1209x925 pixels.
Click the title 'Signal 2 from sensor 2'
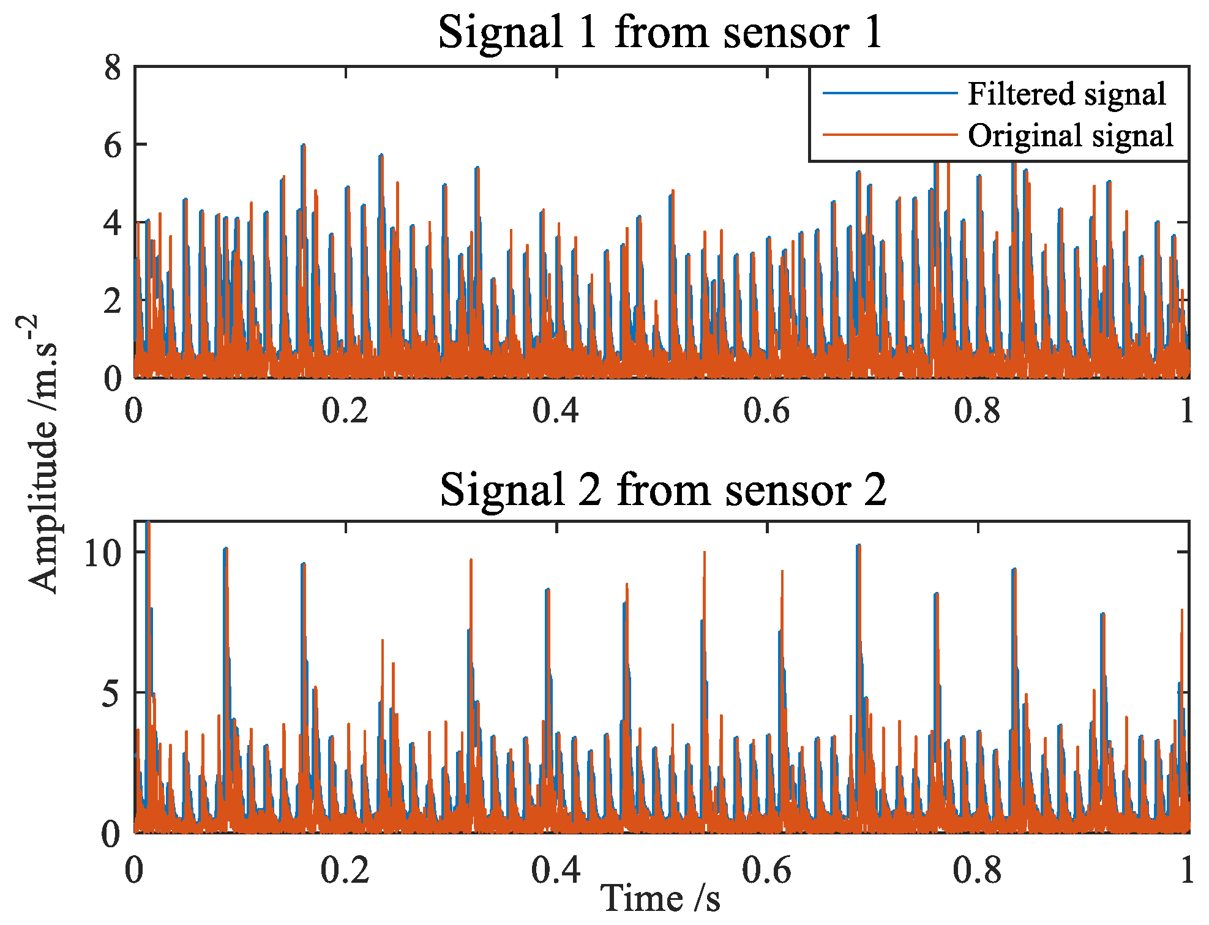662,490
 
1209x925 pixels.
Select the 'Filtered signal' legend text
1066,94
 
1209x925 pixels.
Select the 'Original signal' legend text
1070,135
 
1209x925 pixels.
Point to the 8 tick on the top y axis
113,67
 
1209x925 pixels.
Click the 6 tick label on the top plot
113,145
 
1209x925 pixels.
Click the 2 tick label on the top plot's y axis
113,301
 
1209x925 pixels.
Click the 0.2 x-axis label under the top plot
345,411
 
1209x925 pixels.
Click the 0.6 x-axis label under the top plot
766,411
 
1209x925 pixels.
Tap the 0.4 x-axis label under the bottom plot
555,869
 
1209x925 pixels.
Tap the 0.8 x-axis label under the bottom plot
977,869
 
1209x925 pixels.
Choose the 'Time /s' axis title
660,898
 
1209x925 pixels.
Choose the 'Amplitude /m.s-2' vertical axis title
42,453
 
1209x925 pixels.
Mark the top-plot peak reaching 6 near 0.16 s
303,146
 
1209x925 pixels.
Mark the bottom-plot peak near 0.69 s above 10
859,545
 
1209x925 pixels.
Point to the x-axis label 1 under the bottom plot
1186,869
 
